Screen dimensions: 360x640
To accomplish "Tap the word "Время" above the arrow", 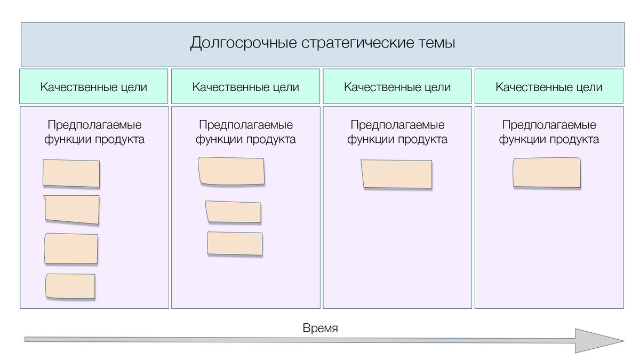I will pos(320,328).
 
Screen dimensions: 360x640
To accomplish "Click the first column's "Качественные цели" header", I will pos(94,87).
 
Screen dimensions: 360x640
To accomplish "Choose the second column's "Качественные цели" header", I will pos(245,87).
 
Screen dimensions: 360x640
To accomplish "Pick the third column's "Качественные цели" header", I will pos(397,87).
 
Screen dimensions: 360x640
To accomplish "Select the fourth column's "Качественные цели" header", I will pos(549,87).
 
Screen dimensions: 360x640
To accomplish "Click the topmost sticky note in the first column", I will pos(71,173).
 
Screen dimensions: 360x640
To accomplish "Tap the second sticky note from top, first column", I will pos(72,210).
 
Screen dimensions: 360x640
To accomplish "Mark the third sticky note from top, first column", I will pos(71,249).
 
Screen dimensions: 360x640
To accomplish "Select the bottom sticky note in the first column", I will pos(70,286).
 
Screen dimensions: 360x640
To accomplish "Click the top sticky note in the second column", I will pos(231,171).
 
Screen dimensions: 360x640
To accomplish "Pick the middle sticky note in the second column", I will pos(234,212).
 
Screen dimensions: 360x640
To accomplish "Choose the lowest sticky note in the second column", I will pos(235,244).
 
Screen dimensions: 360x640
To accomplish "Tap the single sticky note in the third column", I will pos(397,174).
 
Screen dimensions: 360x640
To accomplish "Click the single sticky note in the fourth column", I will pos(547,173).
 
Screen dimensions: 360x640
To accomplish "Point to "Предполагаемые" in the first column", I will pos(94,125).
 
